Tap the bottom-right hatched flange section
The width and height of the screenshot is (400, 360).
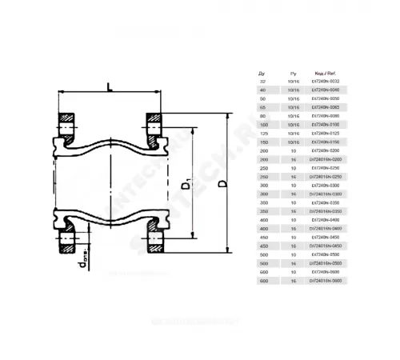154,238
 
